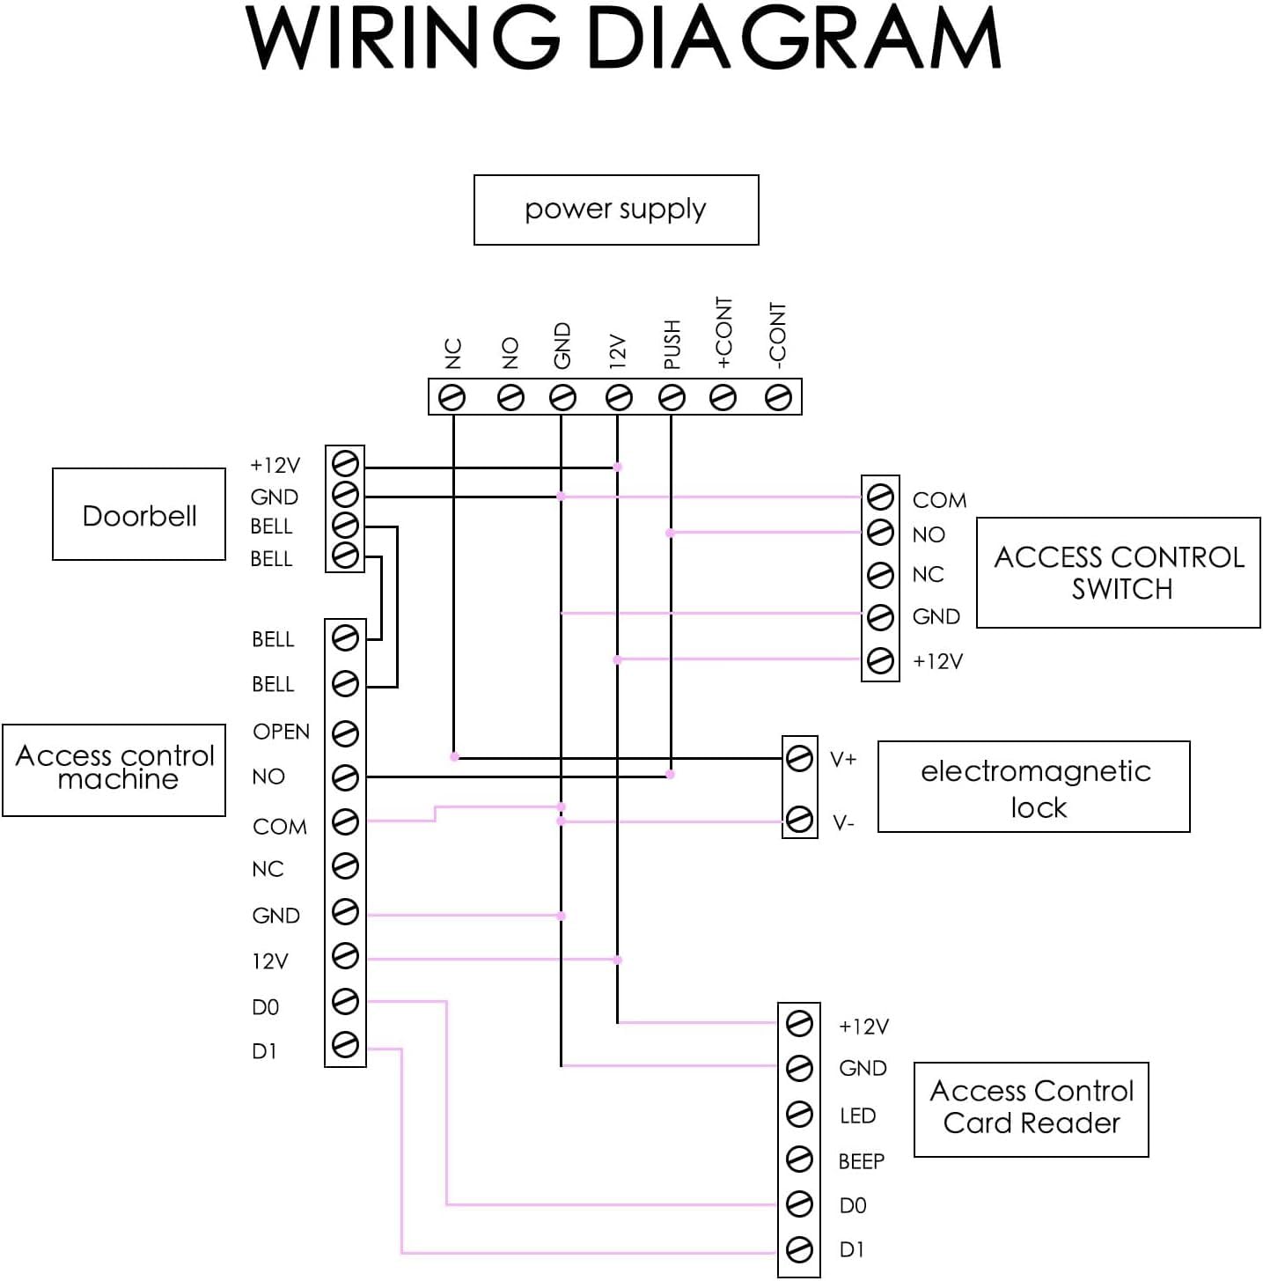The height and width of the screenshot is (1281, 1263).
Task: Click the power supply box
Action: pos(616,210)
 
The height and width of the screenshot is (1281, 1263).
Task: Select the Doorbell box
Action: pos(139,515)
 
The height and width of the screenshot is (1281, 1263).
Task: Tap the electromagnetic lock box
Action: pos(1034,787)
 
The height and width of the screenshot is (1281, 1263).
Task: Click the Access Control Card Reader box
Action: pos(1032,1108)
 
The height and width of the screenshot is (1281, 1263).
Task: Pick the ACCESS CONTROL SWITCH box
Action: pos(1119,573)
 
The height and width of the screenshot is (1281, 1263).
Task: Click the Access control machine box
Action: pos(114,769)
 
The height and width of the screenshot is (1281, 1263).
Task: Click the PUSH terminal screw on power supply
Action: pos(672,398)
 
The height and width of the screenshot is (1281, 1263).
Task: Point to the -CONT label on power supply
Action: pos(777,333)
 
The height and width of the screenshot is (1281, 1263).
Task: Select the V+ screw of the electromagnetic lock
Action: pos(799,758)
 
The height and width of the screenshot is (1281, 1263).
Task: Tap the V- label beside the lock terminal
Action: pos(843,823)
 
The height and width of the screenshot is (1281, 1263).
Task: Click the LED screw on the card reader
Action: pos(799,1115)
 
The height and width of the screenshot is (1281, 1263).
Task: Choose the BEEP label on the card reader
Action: pos(861,1161)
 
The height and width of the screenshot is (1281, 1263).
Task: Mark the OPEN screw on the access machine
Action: pos(345,733)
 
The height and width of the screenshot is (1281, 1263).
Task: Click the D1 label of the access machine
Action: pos(265,1050)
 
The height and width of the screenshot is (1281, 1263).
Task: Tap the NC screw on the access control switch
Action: pos(880,575)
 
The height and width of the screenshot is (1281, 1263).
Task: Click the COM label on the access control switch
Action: pos(939,500)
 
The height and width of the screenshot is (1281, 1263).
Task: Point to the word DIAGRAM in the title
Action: pos(793,40)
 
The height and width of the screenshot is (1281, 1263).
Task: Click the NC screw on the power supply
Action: pos(452,398)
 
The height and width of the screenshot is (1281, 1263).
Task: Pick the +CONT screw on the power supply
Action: pos(723,398)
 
